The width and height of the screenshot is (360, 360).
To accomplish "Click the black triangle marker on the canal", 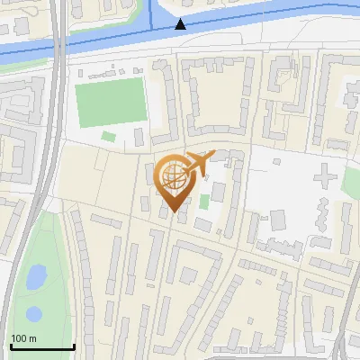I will pos(181,23).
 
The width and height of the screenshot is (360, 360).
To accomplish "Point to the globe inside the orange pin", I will pos(173,175).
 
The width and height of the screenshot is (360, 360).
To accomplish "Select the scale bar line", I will pos(41,347).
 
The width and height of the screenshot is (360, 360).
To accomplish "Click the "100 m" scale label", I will pos(24,338).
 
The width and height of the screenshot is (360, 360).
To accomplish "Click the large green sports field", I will pos(109,102).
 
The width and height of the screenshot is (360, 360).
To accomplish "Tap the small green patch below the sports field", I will pos(109,137).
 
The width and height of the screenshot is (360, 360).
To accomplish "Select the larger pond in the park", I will pos(36,278).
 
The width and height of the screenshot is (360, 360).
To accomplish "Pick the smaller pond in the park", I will pos(33,314).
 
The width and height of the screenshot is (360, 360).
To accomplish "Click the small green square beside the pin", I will pos(204,201).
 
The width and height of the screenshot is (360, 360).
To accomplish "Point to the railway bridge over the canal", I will pos(58,40).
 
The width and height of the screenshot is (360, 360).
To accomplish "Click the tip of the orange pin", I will pos(174,211).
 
